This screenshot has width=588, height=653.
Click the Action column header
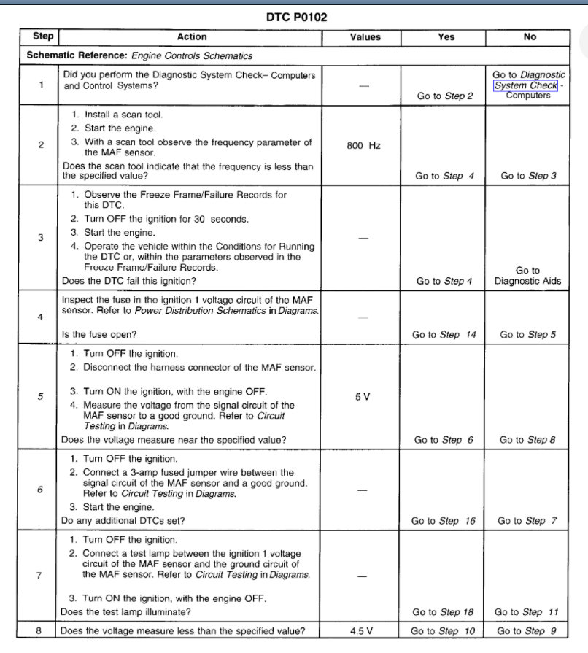click(x=192, y=37)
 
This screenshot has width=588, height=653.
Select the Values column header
click(x=365, y=37)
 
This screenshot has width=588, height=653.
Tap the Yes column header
click(x=446, y=37)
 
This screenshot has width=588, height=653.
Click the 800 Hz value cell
click(x=364, y=146)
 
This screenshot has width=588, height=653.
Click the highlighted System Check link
click(x=525, y=85)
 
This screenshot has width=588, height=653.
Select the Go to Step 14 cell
click(x=444, y=335)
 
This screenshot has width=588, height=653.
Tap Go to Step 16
click(x=444, y=521)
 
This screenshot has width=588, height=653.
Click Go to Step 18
click(x=444, y=612)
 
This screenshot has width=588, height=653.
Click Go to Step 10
click(x=444, y=631)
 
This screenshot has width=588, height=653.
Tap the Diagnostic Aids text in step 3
click(x=528, y=281)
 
